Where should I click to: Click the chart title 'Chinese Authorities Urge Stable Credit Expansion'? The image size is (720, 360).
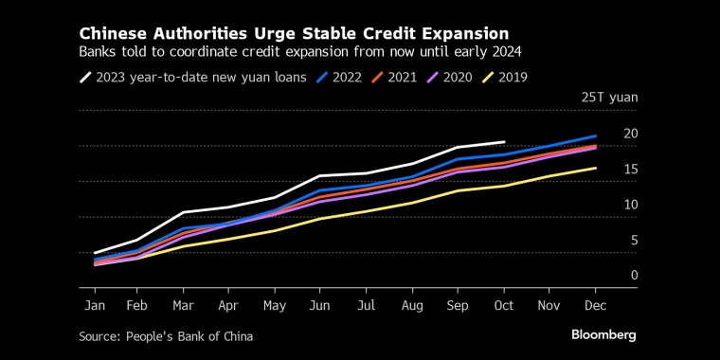294,33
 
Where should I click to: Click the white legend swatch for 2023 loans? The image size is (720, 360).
88,78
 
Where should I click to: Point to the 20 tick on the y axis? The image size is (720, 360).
631,134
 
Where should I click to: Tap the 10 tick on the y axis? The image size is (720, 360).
631,205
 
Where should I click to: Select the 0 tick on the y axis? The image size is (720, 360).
634,276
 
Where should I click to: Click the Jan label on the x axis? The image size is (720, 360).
95,306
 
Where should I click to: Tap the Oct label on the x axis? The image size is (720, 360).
504,306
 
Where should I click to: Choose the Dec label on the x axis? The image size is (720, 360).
595,306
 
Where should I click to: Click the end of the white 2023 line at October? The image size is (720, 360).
504,141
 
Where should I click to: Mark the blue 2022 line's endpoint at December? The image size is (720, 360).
595,136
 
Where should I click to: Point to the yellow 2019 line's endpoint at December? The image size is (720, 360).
595,168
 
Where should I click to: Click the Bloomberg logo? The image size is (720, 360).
603,335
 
